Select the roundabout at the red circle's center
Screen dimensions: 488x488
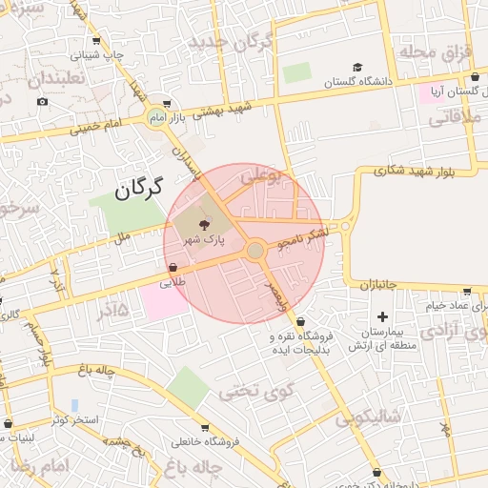click(254, 250)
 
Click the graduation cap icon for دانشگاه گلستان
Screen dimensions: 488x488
click(357, 68)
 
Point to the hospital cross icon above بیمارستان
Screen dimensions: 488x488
click(383, 315)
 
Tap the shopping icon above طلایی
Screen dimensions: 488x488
click(173, 268)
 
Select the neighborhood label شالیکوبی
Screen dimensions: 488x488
click(371, 417)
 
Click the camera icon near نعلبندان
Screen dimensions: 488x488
click(42, 101)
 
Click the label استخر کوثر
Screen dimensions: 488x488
click(72, 420)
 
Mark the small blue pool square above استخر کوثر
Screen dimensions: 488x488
click(74, 405)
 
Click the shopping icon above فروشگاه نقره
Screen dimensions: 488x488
click(301, 321)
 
